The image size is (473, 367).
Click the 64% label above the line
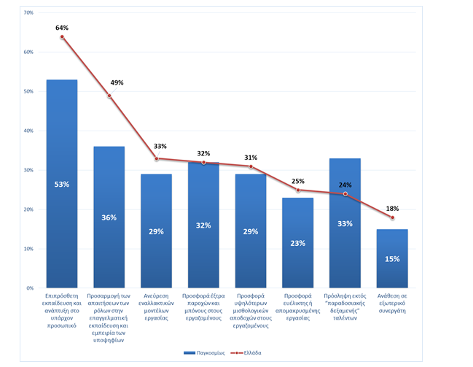tap(62, 28)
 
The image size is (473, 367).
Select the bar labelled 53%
tap(62, 184)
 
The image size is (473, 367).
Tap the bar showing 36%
tap(109, 217)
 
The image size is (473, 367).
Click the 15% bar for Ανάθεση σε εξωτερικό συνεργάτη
tap(392, 259)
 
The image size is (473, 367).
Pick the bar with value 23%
tap(298, 243)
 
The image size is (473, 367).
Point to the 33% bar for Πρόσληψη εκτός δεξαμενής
tap(345, 223)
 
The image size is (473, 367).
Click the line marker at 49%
tap(109, 96)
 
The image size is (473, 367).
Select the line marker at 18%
tap(392, 217)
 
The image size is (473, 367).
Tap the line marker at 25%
tap(298, 190)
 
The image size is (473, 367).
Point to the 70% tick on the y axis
tap(28, 13)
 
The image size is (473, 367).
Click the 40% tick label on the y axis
tap(28, 131)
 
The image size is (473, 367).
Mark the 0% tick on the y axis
tap(30, 288)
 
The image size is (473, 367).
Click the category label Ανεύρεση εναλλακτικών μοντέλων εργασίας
tap(156, 306)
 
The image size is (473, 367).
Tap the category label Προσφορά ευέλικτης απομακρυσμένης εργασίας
tap(298, 306)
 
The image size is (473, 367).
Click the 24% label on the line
tap(345, 185)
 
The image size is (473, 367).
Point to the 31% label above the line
tap(251, 158)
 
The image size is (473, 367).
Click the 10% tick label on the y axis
tap(28, 249)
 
